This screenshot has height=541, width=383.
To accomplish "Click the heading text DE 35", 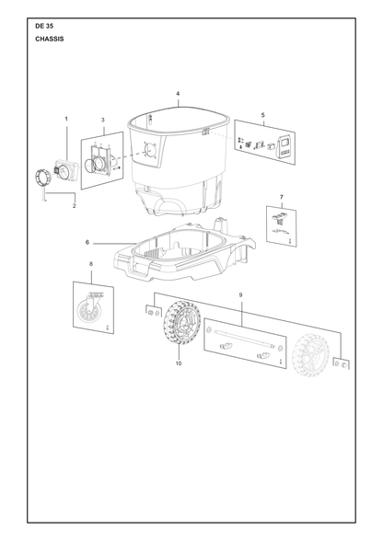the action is (44, 26).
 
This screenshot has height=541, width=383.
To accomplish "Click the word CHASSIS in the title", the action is (50, 39).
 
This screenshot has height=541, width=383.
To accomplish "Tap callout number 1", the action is (66, 119).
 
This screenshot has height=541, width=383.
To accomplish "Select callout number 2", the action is (75, 206).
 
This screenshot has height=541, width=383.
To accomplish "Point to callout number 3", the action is (102, 120).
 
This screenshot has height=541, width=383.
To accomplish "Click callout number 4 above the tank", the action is (178, 94).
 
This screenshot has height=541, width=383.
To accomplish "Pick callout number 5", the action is (262, 115).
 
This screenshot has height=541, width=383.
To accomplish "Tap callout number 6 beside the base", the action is (87, 243).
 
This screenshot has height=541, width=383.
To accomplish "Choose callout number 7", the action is (282, 197).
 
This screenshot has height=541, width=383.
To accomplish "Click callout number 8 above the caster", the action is (91, 264).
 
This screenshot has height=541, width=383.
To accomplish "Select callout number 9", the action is (240, 295).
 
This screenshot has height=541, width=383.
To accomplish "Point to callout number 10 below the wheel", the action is (179, 363).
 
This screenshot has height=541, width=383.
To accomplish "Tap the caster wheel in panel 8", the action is (87, 314).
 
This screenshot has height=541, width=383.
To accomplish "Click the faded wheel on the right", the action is (311, 353).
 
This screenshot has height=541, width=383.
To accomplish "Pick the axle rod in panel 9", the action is (244, 339).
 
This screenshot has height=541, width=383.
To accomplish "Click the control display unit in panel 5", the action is (285, 146).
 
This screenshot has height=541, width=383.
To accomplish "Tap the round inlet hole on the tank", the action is (151, 150).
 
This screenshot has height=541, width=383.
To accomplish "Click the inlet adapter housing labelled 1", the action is (65, 170).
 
